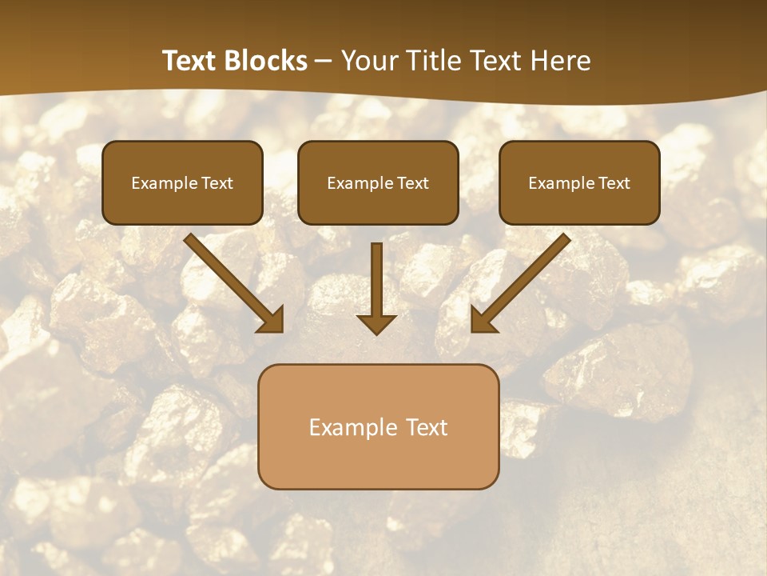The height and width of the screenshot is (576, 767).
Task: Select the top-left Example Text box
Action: [182, 182]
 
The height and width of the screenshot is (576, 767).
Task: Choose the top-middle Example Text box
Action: [378, 182]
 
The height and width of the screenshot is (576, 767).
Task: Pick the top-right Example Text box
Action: [579, 182]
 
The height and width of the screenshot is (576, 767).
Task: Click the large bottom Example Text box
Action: [378, 426]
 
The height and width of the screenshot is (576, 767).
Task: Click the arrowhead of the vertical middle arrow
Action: [376, 323]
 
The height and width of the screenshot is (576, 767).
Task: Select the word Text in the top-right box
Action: [614, 183]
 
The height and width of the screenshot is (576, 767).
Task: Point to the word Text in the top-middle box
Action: [413, 183]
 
